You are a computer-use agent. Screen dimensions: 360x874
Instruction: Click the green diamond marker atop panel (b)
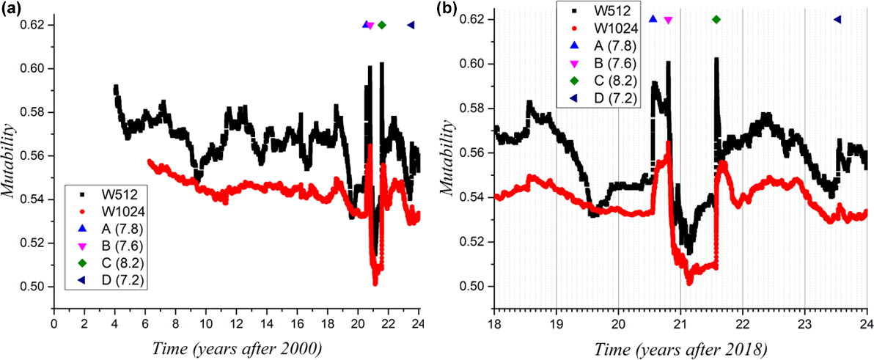pyautogui.click(x=716, y=19)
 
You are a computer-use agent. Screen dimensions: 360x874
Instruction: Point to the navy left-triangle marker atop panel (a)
pyautogui.click(x=411, y=26)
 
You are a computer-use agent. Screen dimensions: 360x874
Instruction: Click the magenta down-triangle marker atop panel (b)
pyautogui.click(x=668, y=20)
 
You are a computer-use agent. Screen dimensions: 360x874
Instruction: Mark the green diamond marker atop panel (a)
pyautogui.click(x=382, y=26)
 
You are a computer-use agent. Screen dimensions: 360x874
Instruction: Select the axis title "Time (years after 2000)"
pyautogui.click(x=234, y=347)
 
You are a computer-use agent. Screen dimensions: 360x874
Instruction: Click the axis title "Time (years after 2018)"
pyautogui.click(x=678, y=347)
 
